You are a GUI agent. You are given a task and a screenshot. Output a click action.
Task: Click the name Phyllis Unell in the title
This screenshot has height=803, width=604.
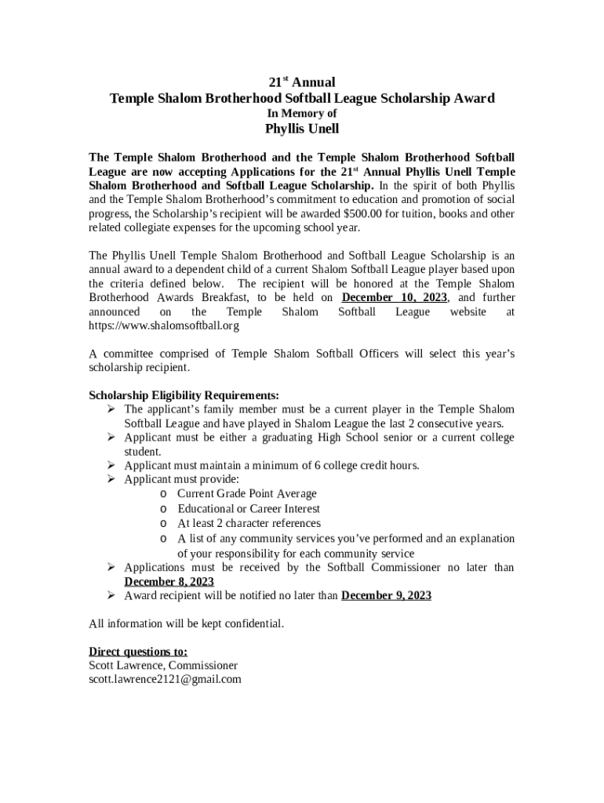[302, 129]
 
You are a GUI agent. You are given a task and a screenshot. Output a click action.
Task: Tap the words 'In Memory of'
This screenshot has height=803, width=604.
[302, 114]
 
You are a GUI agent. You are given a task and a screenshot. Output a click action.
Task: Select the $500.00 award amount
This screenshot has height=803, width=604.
[369, 213]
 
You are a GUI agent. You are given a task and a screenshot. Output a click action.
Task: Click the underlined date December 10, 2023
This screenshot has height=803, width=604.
[395, 298]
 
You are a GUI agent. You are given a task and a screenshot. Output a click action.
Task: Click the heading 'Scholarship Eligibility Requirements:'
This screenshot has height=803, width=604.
[184, 395]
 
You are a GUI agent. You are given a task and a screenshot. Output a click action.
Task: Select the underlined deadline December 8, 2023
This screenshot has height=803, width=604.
[169, 582]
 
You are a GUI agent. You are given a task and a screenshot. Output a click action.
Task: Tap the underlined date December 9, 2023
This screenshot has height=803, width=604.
[386, 596]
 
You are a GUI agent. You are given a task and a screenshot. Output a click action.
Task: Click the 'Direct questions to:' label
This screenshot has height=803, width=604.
[138, 652]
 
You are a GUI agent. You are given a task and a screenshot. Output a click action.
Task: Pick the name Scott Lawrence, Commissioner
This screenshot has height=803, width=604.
[163, 666]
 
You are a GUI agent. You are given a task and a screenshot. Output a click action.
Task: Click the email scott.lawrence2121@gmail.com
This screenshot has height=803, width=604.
[165, 680]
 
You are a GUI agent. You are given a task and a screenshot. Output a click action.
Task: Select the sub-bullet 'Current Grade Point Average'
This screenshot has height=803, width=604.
[247, 494]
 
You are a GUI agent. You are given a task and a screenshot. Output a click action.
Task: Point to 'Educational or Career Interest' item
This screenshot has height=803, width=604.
[249, 509]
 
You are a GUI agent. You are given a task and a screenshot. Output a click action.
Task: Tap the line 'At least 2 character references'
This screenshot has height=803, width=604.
[249, 523]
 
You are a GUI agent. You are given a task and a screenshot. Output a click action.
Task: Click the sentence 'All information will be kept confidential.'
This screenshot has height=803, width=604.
[187, 624]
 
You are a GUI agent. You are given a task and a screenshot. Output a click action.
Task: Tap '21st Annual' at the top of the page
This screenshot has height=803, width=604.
[302, 82]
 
